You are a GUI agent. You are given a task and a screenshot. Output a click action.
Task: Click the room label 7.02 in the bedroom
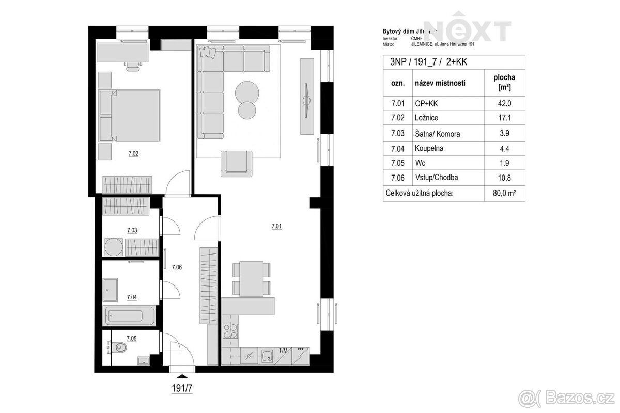(x=133, y=153)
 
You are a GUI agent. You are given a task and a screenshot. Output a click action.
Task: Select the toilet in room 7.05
(x=120, y=347)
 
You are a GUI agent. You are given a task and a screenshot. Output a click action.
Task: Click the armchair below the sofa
(x=237, y=163)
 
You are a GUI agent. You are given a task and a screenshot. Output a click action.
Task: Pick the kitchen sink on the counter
(x=267, y=356)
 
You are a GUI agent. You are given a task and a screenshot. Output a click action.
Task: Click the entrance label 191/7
(x=182, y=388)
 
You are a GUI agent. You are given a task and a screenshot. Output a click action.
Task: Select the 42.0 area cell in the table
(x=500, y=103)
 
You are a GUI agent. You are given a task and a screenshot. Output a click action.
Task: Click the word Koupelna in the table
(x=429, y=148)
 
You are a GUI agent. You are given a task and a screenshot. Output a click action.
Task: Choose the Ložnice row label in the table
(x=427, y=118)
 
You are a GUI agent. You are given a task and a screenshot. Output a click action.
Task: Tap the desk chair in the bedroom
(x=133, y=65)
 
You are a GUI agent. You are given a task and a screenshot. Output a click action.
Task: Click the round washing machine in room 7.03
(x=113, y=247)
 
